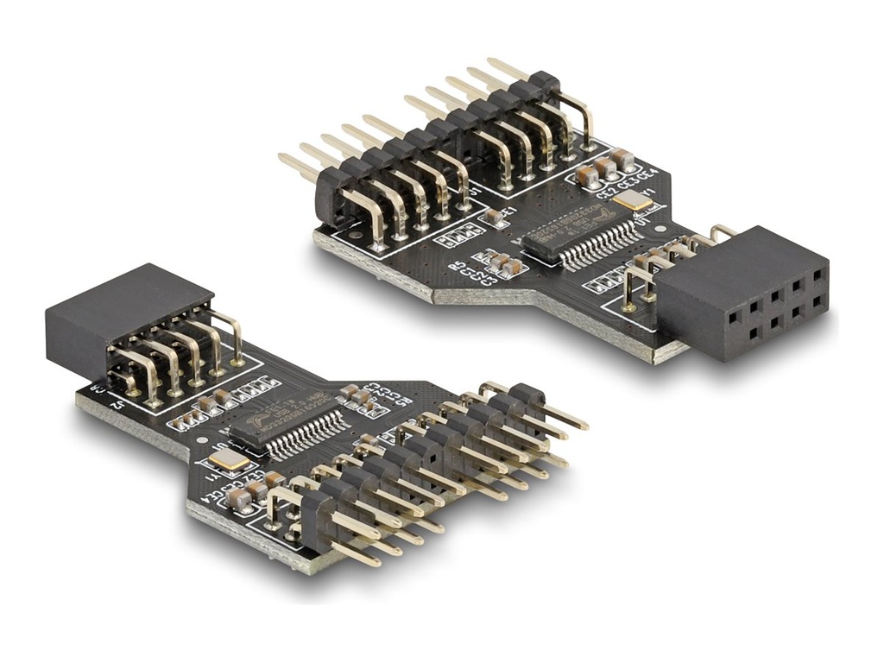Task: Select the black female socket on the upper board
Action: [743, 293]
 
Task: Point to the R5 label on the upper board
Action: [458, 265]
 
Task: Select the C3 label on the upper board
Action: [489, 279]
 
